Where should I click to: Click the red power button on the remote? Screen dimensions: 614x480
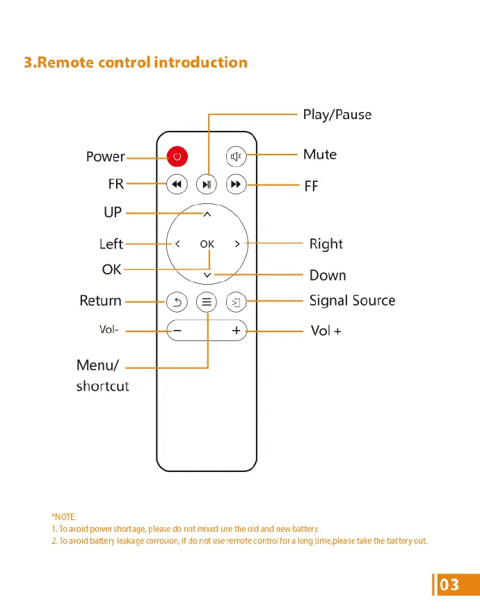(177, 156)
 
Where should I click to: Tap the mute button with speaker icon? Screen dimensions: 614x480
(236, 156)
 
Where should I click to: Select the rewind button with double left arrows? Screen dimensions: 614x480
(177, 184)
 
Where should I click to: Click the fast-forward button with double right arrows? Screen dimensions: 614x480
(236, 184)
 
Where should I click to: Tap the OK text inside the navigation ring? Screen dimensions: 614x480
(207, 244)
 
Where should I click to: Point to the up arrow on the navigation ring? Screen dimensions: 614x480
(207, 214)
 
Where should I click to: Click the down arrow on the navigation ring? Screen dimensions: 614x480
(207, 276)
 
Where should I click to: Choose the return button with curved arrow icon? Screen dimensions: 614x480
(177, 302)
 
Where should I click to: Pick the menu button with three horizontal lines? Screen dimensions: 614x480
(207, 302)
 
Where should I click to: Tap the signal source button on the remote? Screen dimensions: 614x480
(236, 302)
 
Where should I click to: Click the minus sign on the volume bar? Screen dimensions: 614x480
(177, 331)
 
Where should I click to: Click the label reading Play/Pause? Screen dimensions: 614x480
(337, 114)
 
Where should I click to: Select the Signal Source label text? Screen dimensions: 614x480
(352, 301)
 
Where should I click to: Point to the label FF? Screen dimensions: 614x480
(311, 187)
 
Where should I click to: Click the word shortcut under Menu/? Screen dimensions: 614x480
(102, 386)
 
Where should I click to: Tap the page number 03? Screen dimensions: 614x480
(450, 584)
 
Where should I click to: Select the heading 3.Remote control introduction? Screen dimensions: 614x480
(136, 63)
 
